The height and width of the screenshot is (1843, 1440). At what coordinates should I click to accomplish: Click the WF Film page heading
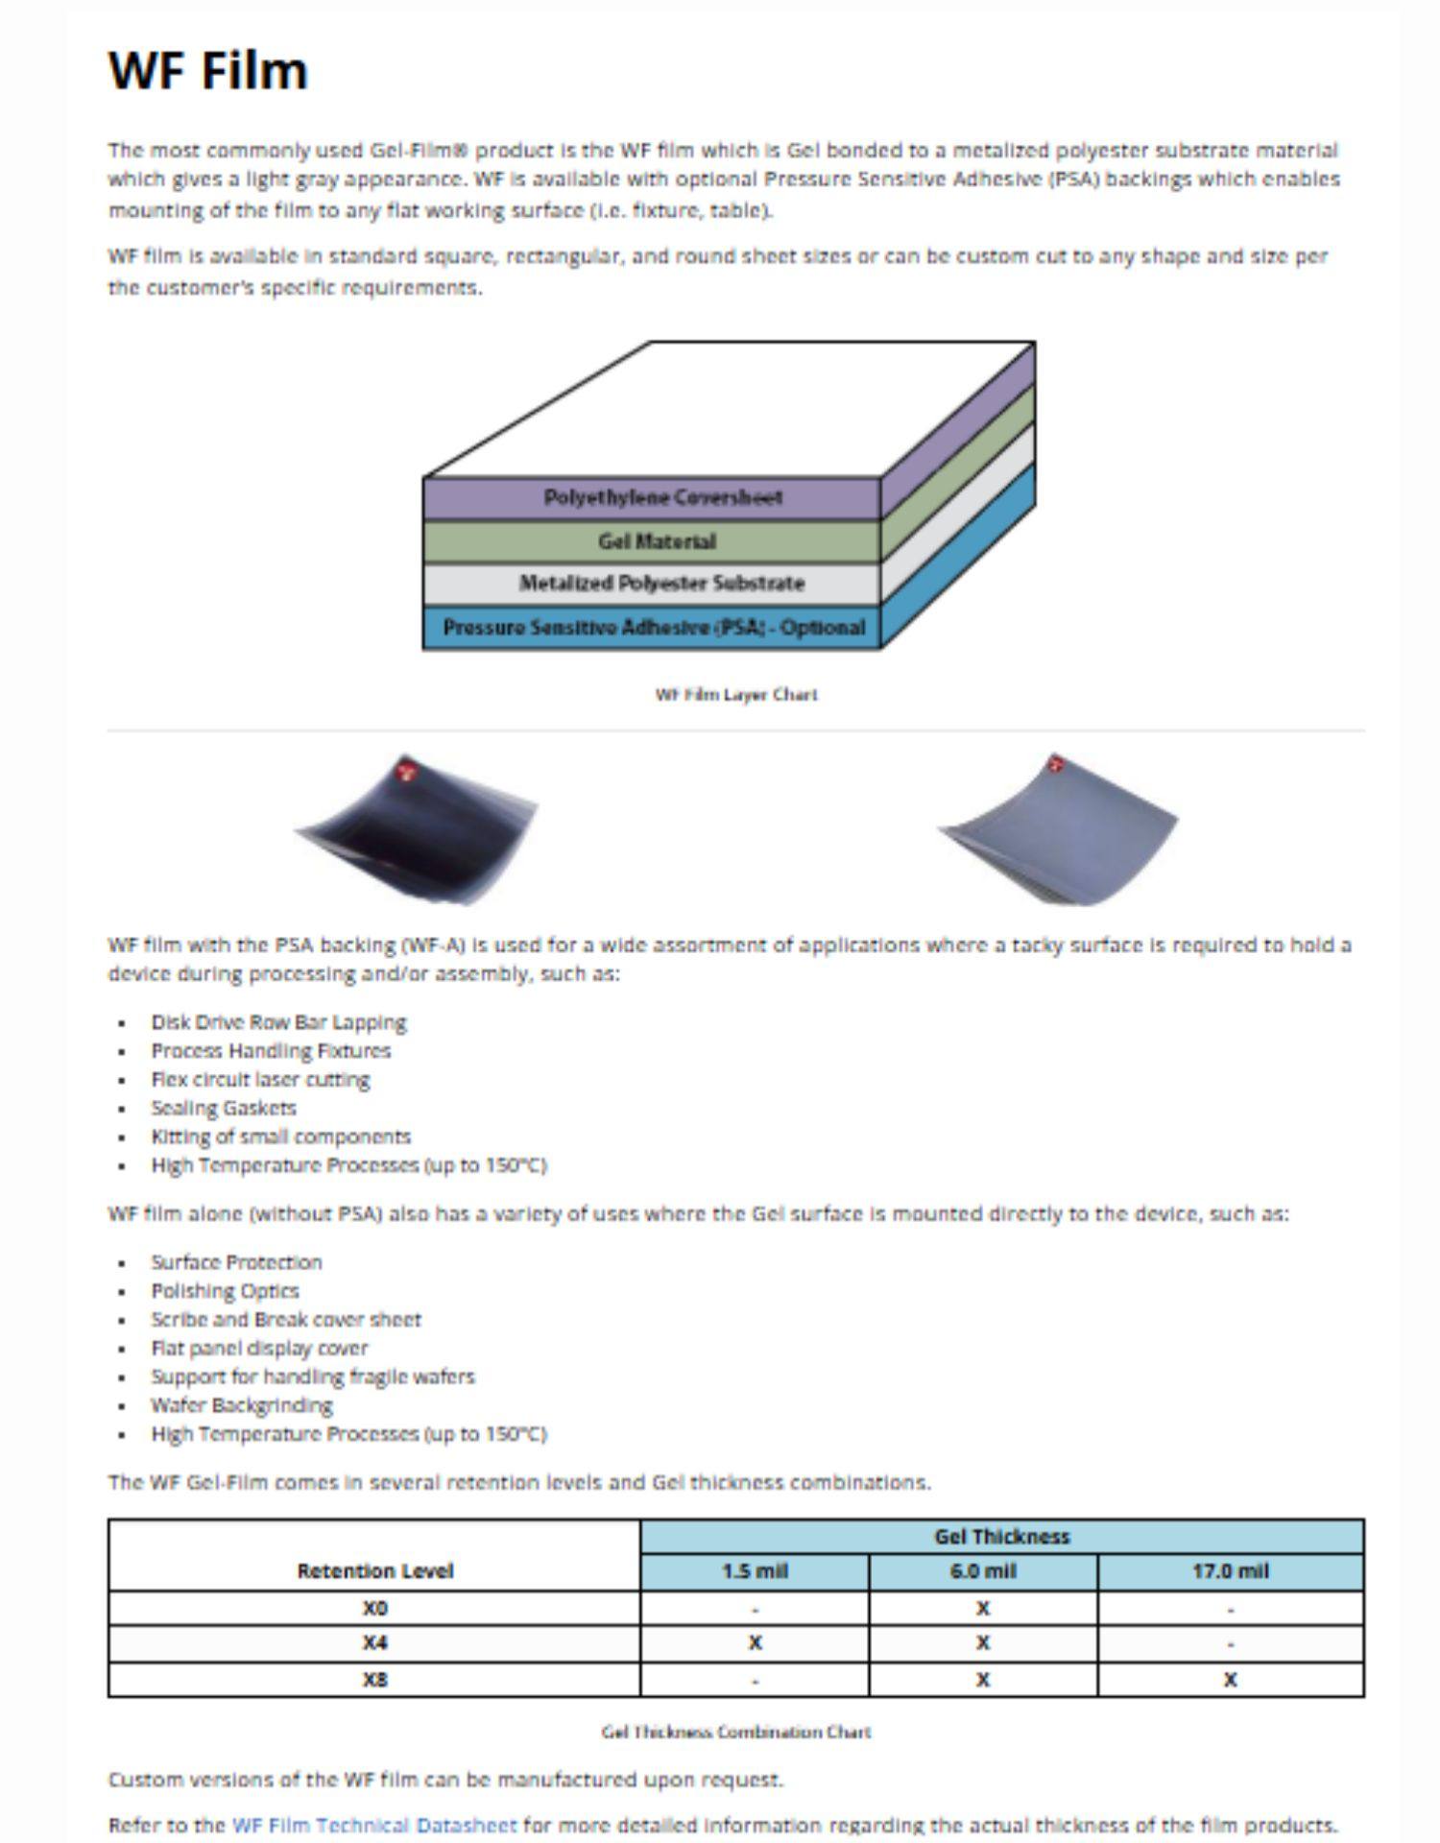[x=208, y=71]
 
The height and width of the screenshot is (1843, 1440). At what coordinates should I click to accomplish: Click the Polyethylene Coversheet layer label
[x=662, y=497]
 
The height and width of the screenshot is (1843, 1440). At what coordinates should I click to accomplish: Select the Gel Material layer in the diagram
[x=657, y=541]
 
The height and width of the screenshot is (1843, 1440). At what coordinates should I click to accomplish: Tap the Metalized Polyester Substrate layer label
[x=661, y=583]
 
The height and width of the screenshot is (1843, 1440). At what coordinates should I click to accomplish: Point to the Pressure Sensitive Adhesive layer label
[x=654, y=628]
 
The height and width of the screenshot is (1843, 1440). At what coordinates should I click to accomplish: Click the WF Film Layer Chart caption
[x=736, y=694]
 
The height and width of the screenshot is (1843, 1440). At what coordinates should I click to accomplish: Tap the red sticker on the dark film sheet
[x=406, y=770]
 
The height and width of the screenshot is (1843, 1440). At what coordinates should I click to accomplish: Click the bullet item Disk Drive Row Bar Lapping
[x=278, y=1022]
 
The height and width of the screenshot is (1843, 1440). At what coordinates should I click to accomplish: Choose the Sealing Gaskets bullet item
[x=224, y=1108]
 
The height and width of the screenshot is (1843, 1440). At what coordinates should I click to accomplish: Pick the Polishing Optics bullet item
[x=225, y=1290]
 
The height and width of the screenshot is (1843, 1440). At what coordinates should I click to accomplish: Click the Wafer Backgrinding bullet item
[x=242, y=1405]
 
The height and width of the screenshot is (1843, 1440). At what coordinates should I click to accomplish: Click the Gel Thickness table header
[x=1001, y=1537]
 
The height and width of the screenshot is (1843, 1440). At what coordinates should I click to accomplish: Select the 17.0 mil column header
[x=1230, y=1571]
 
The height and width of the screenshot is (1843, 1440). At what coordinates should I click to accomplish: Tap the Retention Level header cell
[x=374, y=1571]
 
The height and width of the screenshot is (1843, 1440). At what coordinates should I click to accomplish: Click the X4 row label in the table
[x=374, y=1643]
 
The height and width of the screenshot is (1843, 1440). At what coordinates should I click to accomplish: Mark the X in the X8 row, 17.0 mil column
[x=1230, y=1680]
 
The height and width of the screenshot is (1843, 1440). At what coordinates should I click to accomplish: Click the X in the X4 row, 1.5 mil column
[x=755, y=1643]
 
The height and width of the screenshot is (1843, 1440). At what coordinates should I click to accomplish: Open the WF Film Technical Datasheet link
[x=374, y=1825]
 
